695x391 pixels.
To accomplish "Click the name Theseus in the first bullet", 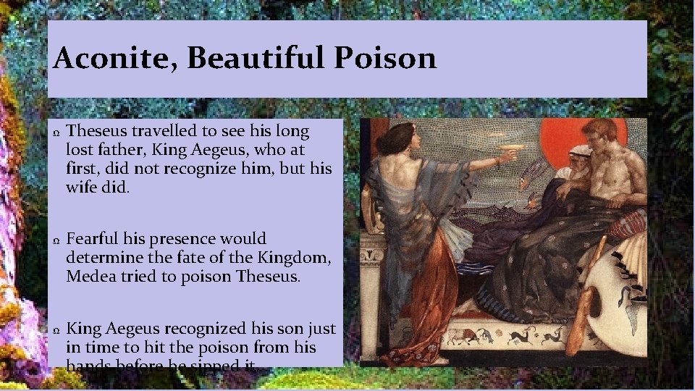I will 98,132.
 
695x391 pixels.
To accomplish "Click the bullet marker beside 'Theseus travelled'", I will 56,133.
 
